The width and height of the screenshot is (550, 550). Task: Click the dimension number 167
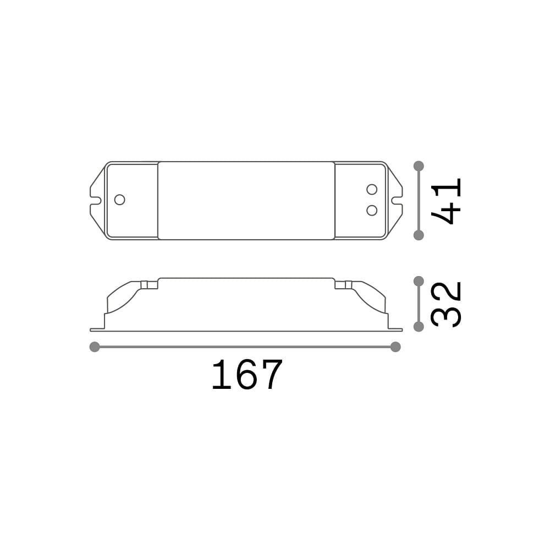[247, 374]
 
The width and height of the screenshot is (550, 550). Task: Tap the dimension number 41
[446, 201]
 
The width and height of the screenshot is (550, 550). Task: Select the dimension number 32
[446, 304]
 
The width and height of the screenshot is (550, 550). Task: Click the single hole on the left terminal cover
[119, 200]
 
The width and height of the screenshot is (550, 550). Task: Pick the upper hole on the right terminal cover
[372, 189]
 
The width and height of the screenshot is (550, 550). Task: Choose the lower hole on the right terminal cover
[372, 211]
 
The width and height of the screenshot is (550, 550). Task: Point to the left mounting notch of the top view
[95, 201]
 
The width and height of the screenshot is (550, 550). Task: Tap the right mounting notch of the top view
[398, 201]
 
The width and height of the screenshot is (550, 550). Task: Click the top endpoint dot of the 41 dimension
[419, 166]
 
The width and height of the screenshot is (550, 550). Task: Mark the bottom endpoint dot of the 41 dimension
[419, 235]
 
